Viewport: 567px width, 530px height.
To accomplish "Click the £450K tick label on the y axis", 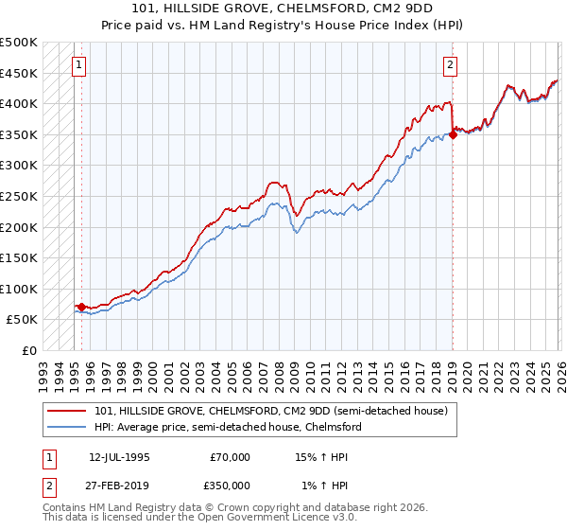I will pos(19,74).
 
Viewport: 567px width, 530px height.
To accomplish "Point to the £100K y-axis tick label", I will pos(19,290).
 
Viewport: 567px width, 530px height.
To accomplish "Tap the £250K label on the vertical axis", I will pos(19,197).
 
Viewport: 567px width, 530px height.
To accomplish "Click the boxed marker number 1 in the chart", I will pos(77,65).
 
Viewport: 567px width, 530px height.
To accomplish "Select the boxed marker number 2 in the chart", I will pos(450,65).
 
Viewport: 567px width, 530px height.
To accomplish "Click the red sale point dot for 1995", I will pos(82,307).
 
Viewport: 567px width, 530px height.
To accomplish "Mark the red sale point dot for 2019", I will pos(453,134).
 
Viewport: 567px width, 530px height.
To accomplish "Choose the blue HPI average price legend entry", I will pos(227,428).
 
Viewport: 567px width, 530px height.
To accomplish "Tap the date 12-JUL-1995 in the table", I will pos(119,457).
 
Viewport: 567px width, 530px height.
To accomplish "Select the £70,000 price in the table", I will pos(230,457).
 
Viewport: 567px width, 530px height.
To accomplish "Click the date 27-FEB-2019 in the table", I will pos(119,485).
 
